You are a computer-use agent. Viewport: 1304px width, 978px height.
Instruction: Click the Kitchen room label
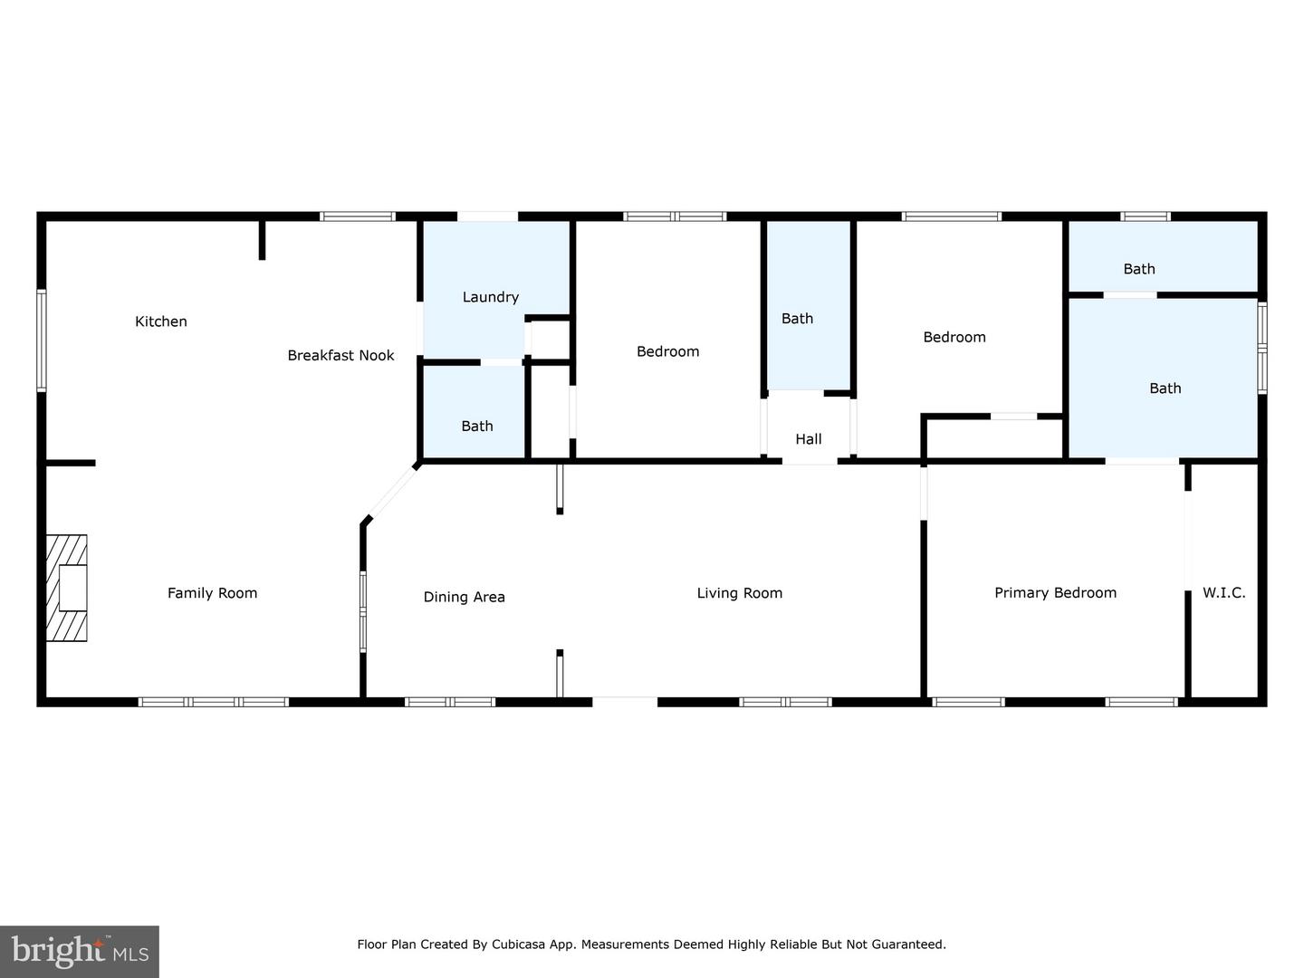[161, 321]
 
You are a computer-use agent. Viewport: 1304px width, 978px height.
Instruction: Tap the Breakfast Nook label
[340, 355]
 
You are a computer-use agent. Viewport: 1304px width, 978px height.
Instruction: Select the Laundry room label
[490, 297]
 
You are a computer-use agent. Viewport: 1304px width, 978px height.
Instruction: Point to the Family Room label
[212, 593]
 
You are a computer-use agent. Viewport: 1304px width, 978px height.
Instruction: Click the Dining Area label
[464, 597]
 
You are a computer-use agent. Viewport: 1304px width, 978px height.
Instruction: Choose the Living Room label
[739, 593]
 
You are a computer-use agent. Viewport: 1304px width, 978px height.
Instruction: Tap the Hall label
[808, 439]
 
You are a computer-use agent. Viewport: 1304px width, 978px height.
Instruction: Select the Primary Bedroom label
[1055, 593]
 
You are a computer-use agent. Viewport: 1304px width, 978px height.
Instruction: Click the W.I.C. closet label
[1223, 593]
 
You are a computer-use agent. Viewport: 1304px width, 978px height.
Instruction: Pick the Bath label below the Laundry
[477, 426]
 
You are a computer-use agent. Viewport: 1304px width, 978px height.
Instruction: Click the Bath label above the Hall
[797, 319]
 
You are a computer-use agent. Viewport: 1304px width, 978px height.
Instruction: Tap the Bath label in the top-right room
[1139, 269]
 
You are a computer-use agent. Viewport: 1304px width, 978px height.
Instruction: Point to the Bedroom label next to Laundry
[667, 351]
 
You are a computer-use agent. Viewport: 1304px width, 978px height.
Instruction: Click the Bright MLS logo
[80, 951]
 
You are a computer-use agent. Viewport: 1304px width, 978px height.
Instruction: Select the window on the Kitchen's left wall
[42, 340]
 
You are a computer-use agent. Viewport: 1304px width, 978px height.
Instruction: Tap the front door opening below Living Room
[625, 701]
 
